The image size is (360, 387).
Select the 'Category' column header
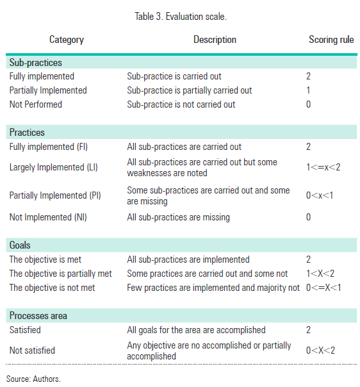(67, 40)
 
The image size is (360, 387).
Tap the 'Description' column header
(215, 40)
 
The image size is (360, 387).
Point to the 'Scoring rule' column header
(331, 40)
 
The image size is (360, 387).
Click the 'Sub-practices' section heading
(35, 63)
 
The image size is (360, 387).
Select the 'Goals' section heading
(20, 245)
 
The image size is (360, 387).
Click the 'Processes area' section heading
(38, 316)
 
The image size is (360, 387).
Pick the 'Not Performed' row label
(36, 104)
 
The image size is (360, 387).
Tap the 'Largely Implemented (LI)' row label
(56, 168)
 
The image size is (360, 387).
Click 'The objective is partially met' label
(61, 274)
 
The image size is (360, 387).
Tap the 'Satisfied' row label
(25, 330)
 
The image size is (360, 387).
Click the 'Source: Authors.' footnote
(33, 379)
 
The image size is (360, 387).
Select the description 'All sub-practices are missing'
(178, 217)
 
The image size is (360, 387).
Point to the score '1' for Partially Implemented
(309, 90)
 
